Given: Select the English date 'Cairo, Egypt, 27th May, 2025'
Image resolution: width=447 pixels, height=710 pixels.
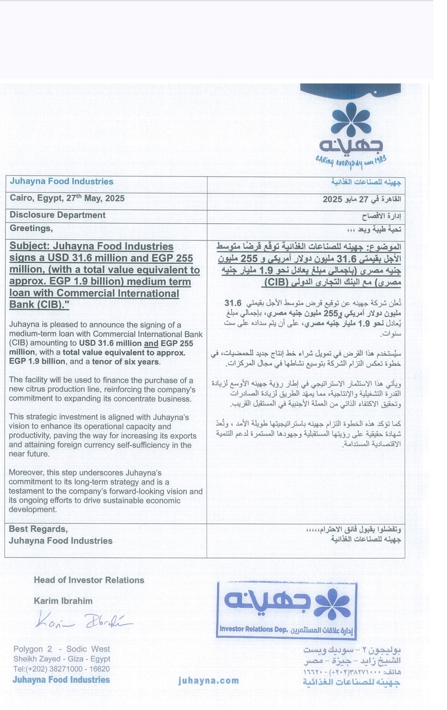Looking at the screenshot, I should click(x=67, y=198).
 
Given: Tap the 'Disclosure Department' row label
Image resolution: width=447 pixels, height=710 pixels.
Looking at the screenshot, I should click(x=58, y=215).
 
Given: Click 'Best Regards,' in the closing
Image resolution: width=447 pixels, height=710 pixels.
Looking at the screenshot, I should click(x=38, y=529).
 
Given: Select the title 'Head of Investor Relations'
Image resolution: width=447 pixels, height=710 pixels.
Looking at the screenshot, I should click(x=89, y=580).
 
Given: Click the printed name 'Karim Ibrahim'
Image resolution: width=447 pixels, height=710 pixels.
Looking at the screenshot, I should click(x=63, y=601).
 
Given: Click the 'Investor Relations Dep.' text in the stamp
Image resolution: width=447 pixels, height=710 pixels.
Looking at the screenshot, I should click(x=253, y=629).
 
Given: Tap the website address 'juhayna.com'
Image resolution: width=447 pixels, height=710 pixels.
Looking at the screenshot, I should click(x=209, y=681).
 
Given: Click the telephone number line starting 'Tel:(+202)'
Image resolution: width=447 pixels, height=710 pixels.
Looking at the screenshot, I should click(x=62, y=669).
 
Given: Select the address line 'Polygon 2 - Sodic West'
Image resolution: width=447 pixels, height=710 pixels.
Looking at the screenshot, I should click(x=62, y=649).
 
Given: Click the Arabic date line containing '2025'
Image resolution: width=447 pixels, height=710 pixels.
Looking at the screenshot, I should click(x=362, y=199).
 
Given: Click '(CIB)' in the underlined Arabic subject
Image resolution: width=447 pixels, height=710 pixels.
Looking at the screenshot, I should click(x=276, y=283).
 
